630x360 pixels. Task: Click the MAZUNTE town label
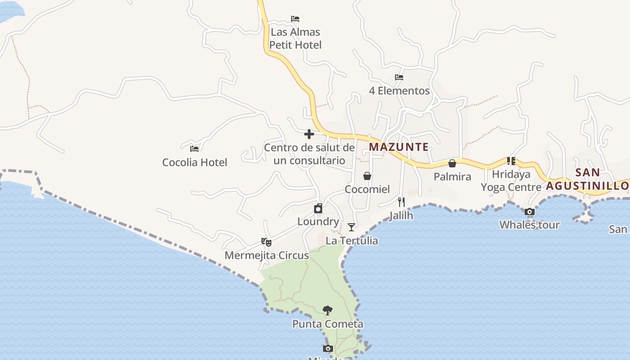point(399,147)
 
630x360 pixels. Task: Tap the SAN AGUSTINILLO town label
point(588,179)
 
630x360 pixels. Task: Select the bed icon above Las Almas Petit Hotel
point(295,19)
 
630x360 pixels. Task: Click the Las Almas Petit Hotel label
point(296,39)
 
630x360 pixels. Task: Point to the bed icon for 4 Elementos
point(399,77)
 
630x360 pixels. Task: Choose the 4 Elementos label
point(399,91)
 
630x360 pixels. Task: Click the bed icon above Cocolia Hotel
point(194,148)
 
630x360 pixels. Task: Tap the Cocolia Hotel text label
point(194,162)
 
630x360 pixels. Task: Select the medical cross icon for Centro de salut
point(309,134)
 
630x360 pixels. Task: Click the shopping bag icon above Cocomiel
point(367,176)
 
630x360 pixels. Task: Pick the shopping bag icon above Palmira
point(452,163)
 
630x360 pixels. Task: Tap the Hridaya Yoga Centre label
point(511,181)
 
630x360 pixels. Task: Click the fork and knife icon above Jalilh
point(401,202)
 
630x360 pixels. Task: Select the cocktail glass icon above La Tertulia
point(351,227)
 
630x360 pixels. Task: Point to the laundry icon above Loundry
point(318,208)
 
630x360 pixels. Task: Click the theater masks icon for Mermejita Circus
point(266,242)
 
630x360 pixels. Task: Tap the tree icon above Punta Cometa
point(328,310)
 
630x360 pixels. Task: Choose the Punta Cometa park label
point(328,324)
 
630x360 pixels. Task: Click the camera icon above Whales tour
point(530,211)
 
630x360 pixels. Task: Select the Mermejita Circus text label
point(266,256)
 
